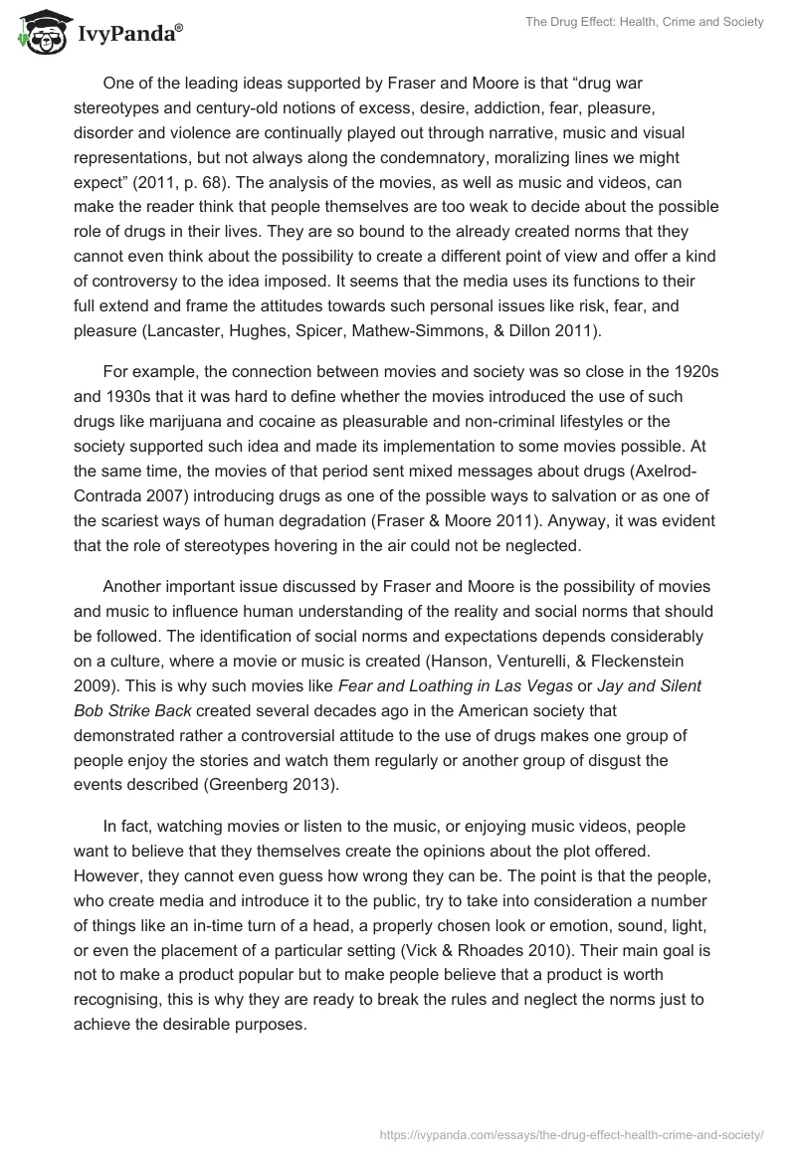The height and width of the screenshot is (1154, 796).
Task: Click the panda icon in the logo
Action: pyautogui.click(x=38, y=32)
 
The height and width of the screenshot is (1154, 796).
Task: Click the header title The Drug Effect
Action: pyautogui.click(x=638, y=22)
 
